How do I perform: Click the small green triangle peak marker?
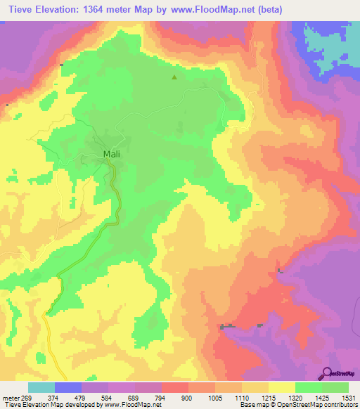click(x=175, y=78)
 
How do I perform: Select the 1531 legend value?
click(x=349, y=397)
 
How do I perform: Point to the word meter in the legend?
click(x=12, y=397)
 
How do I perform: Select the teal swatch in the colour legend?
click(x=41, y=387)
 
